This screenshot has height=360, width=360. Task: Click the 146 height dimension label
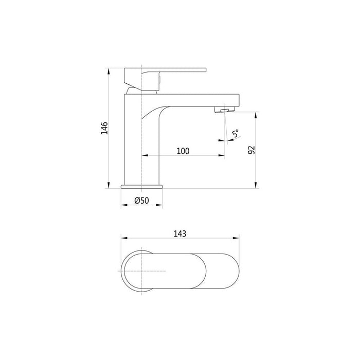click(104, 128)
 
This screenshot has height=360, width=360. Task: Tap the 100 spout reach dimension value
click(183, 151)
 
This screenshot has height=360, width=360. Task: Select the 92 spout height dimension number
click(251, 150)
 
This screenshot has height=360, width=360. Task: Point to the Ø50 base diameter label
click(141, 201)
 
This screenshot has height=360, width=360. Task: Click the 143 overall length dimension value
click(179, 233)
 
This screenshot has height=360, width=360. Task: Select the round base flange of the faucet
click(142, 186)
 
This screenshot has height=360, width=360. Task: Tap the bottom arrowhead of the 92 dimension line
click(256, 186)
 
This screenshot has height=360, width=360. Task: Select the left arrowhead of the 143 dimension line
click(123, 238)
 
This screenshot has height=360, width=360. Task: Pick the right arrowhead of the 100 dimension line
click(222, 155)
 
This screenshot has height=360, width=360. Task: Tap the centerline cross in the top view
click(142, 271)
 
